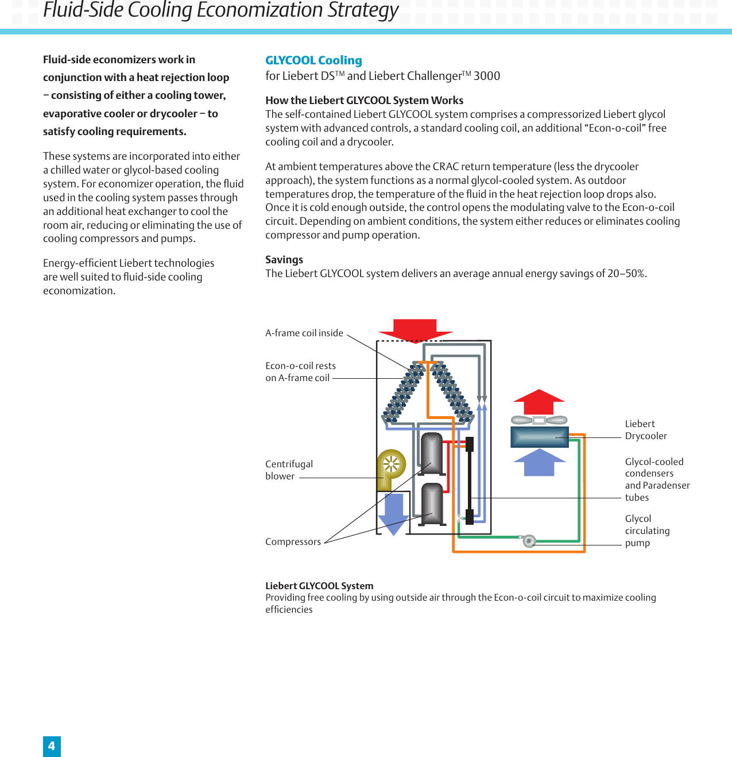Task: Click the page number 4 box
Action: pyautogui.click(x=52, y=746)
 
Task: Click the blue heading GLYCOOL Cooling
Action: pyautogui.click(x=313, y=60)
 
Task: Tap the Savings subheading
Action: pyautogui.click(x=284, y=260)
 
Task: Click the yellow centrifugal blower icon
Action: pyautogui.click(x=391, y=466)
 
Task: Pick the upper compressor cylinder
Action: pyautogui.click(x=432, y=453)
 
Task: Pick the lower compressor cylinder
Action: pyautogui.click(x=432, y=504)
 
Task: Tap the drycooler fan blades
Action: pyautogui.click(x=539, y=420)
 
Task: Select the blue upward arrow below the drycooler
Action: pyautogui.click(x=539, y=463)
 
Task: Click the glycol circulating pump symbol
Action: pyautogui.click(x=529, y=540)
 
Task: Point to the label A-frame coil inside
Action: pyautogui.click(x=304, y=333)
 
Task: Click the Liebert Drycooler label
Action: pyautogui.click(x=646, y=430)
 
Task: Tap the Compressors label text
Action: pyautogui.click(x=293, y=542)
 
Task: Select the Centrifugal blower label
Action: pyautogui.click(x=289, y=470)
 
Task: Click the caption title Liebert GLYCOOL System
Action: pyautogui.click(x=319, y=586)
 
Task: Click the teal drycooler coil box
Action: pyautogui.click(x=539, y=437)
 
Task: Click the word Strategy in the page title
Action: pyautogui.click(x=363, y=10)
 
